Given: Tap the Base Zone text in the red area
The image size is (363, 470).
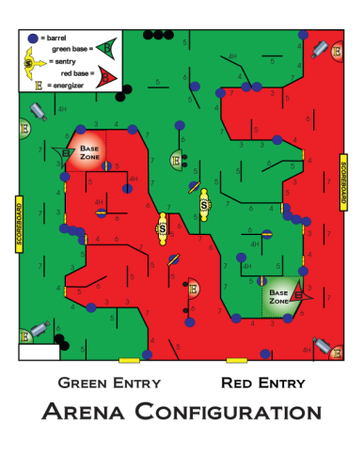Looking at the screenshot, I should pyautogui.click(x=90, y=152).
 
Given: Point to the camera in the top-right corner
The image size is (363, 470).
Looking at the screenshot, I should pyautogui.click(x=322, y=47).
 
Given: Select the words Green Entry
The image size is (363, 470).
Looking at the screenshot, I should pyautogui.click(x=109, y=383).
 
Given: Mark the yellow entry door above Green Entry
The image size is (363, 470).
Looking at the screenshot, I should pyautogui.click(x=130, y=359).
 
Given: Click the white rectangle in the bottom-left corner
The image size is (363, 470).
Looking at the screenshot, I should pyautogui.click(x=38, y=352).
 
